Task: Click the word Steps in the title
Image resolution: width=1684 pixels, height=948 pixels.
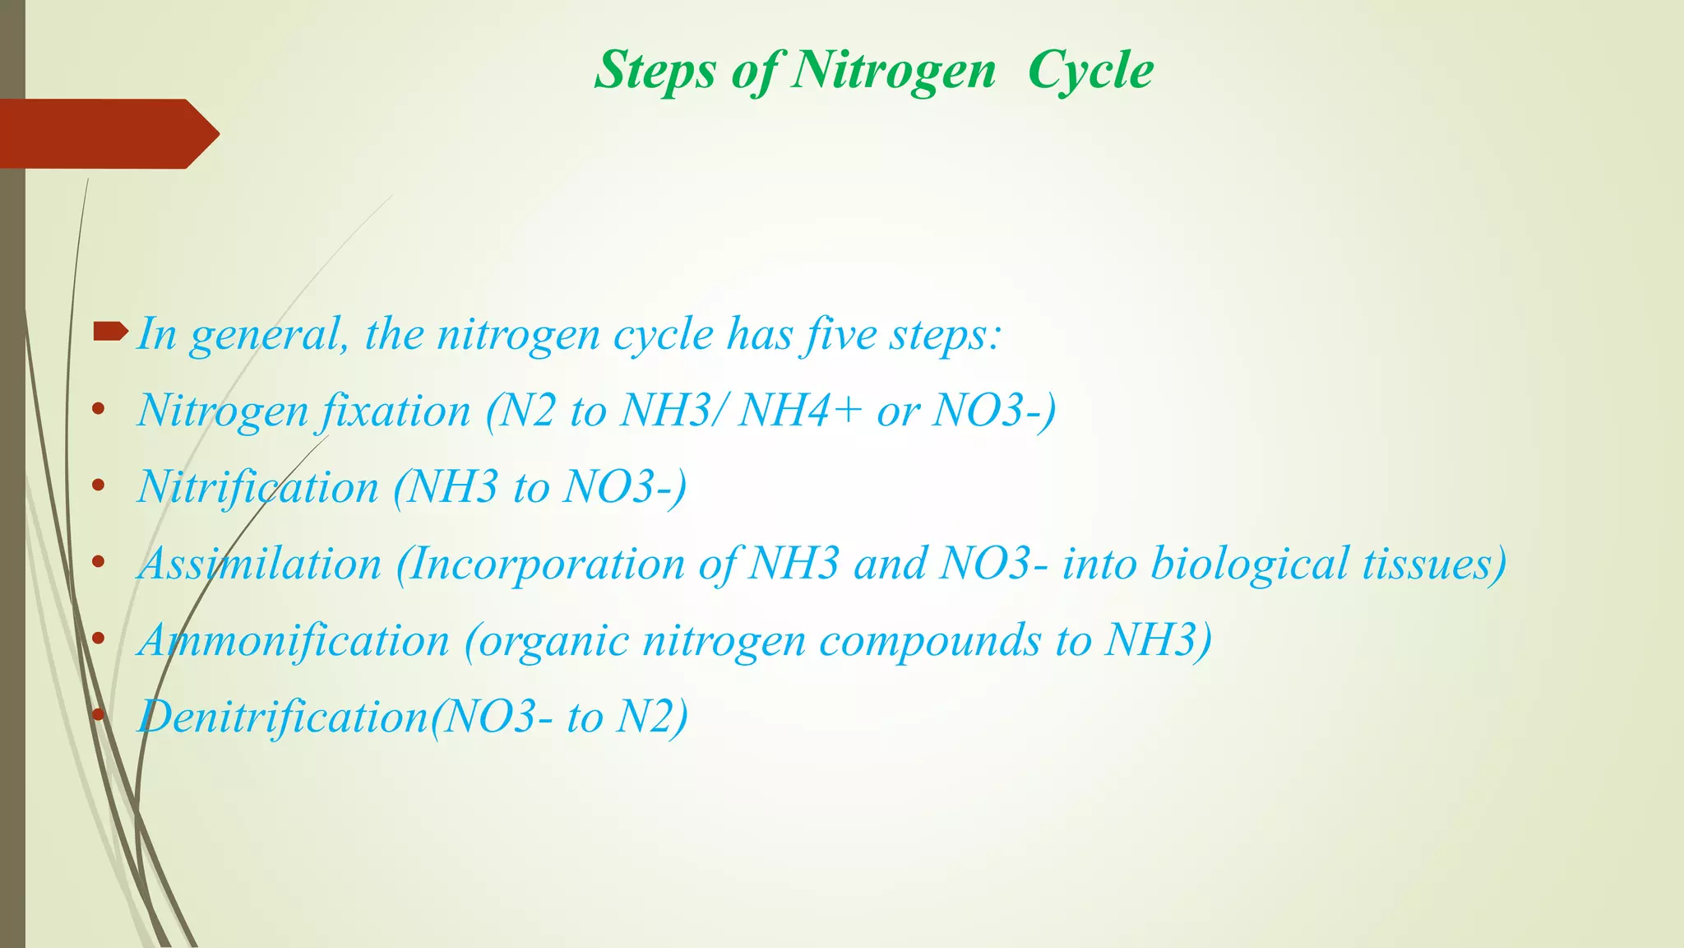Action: tap(655, 71)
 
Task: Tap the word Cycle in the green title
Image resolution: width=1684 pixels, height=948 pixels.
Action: tap(1090, 71)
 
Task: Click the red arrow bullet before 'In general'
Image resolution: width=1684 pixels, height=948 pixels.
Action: tap(110, 332)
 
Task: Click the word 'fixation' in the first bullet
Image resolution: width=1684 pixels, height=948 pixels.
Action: tap(395, 410)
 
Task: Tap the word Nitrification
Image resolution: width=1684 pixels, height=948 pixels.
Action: tap(257, 486)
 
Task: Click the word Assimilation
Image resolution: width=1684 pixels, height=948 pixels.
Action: tap(260, 564)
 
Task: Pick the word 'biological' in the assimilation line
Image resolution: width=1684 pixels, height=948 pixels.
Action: tap(1250, 564)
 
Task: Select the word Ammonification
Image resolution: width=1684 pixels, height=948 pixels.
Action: tap(294, 640)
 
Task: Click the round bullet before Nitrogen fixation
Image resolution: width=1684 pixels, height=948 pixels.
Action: tap(99, 409)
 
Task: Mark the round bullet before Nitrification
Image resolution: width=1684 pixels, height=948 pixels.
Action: tap(99, 486)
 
